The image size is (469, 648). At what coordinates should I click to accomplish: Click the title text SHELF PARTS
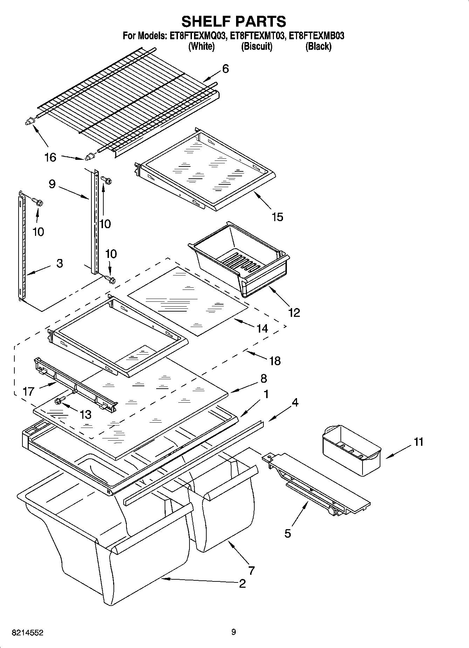click(x=234, y=21)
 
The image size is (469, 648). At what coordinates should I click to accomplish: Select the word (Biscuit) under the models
click(x=256, y=46)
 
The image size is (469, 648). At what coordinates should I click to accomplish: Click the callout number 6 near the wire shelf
click(x=225, y=69)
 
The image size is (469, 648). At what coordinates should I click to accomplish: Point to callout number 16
click(x=50, y=157)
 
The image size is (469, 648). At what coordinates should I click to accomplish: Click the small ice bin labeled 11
click(x=351, y=450)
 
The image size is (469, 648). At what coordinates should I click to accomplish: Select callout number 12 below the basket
click(x=294, y=312)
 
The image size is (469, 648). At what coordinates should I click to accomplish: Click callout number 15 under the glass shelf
click(x=277, y=217)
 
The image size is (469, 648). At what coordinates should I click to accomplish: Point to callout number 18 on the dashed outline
click(x=275, y=361)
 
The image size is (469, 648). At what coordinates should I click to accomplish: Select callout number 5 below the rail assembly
click(x=288, y=533)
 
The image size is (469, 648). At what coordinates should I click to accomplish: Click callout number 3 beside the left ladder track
click(x=60, y=263)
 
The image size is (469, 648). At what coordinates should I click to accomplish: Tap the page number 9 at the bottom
click(x=234, y=632)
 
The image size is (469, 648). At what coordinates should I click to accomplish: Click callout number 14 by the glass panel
click(x=262, y=328)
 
